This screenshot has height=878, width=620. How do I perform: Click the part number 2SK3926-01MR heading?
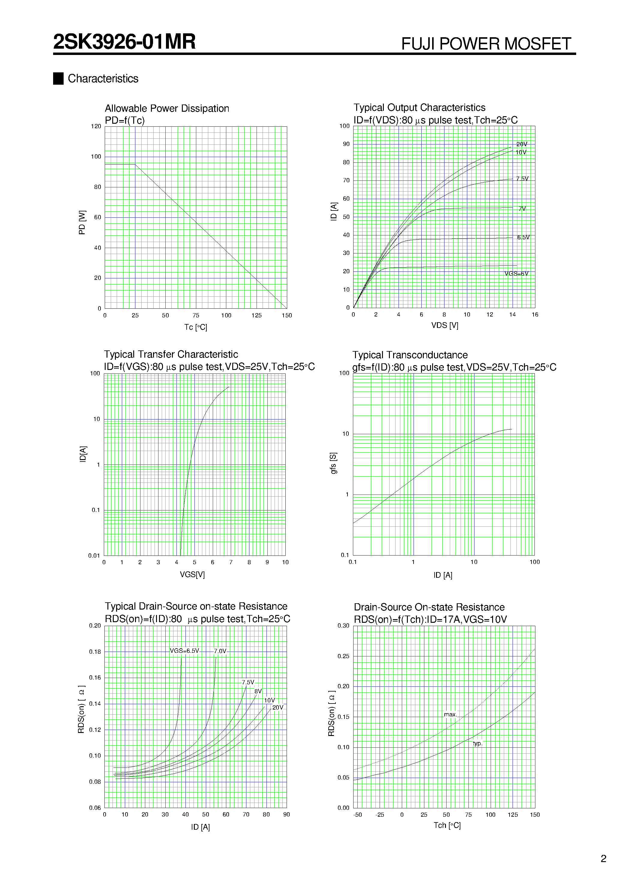tap(124, 42)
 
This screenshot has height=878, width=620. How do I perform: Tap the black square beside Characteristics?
tap(58, 78)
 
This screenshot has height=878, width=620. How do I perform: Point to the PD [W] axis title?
tap(82, 222)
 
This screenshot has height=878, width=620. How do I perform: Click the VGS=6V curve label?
tap(516, 274)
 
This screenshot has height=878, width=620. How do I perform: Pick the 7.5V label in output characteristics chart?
tap(522, 179)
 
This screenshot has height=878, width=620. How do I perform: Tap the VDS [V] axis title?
tap(444, 325)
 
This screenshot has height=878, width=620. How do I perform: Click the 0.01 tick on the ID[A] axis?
tap(94, 556)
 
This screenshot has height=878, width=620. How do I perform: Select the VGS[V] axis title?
tap(192, 575)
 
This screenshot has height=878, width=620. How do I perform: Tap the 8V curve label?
tap(258, 692)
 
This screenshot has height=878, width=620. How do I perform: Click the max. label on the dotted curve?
tap(450, 715)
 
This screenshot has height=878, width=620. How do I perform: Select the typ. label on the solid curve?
tap(477, 743)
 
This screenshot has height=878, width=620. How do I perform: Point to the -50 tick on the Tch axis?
tap(357, 815)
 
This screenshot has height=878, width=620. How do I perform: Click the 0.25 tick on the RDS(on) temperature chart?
tap(343, 656)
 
